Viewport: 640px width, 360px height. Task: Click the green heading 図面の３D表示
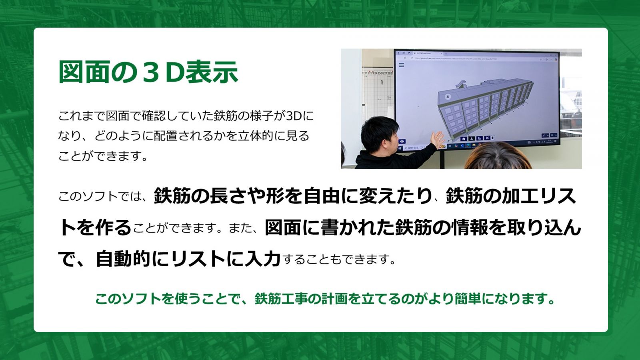(x=148, y=72)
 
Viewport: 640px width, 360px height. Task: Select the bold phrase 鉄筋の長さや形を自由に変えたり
(x=293, y=196)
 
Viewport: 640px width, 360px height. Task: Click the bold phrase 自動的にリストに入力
(x=188, y=259)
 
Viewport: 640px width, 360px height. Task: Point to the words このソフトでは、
(x=103, y=196)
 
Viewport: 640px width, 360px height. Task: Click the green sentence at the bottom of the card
(x=325, y=299)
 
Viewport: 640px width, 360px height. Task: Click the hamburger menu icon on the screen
(x=402, y=65)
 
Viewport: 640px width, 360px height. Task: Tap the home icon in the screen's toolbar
(x=464, y=139)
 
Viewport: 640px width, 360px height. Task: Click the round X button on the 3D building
(x=448, y=96)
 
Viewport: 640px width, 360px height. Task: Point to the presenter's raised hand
(x=438, y=140)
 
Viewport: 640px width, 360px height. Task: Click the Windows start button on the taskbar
(x=400, y=148)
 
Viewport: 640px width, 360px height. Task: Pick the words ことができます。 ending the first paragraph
(x=103, y=156)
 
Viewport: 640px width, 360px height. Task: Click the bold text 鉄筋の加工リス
(x=510, y=196)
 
